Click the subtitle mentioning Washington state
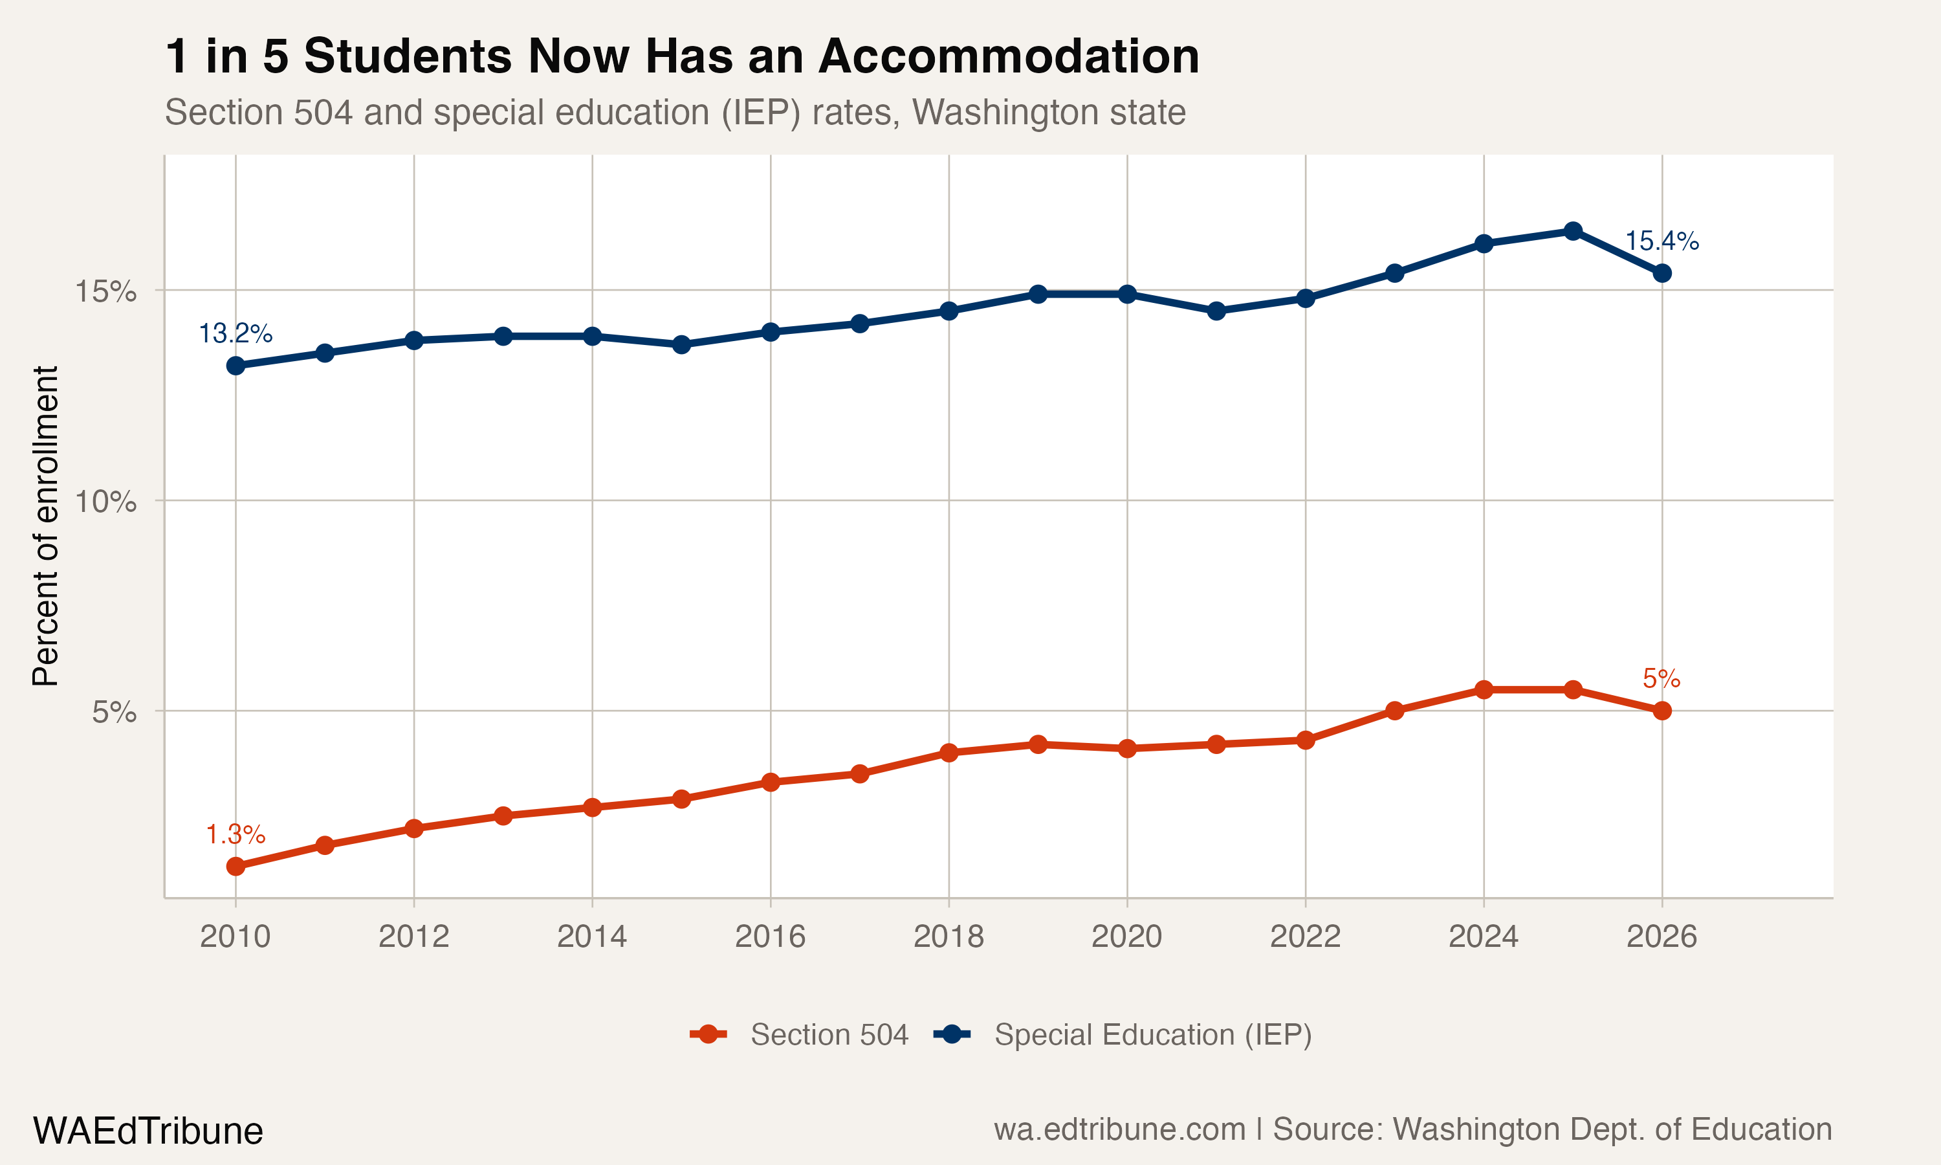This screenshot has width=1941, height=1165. tap(675, 112)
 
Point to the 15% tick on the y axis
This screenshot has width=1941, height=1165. tap(105, 291)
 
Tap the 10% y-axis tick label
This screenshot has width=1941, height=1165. tap(105, 501)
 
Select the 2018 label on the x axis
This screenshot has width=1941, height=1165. tap(949, 937)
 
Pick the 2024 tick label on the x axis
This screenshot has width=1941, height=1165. tap(1483, 937)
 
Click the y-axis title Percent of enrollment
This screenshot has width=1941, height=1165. tap(45, 526)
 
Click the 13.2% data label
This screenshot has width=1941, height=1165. tap(236, 333)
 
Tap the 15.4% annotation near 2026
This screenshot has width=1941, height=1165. tap(1661, 241)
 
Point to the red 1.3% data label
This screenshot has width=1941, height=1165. tap(236, 834)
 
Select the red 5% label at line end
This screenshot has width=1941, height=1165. tap(1661, 678)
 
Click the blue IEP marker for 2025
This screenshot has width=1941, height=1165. tap(1572, 231)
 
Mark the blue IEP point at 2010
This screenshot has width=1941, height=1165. tap(236, 366)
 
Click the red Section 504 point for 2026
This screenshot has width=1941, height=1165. tap(1661, 711)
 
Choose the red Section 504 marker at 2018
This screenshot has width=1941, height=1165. tap(949, 753)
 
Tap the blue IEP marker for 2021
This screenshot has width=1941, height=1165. tap(1216, 311)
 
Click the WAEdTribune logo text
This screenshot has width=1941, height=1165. tap(148, 1131)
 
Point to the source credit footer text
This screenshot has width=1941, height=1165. tap(1412, 1129)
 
